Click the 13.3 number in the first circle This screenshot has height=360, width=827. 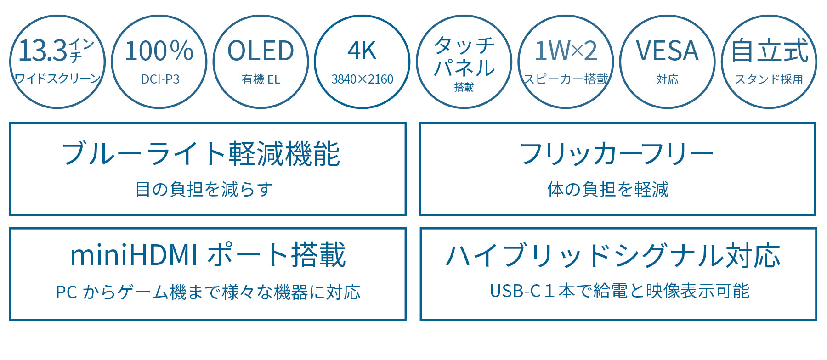click(43, 51)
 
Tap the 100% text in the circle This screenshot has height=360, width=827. click(159, 51)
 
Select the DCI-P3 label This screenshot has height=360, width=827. click(160, 79)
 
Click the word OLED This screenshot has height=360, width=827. click(261, 51)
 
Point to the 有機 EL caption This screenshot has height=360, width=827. click(261, 79)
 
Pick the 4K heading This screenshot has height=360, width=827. click(362, 51)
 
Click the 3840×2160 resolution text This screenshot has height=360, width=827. click(362, 79)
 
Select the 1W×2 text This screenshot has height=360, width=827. click(566, 51)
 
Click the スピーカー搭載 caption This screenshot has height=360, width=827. click(566, 79)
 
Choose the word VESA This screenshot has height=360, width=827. click(667, 51)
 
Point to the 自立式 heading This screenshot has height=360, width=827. click(770, 51)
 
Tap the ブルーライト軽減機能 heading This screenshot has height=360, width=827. click(201, 153)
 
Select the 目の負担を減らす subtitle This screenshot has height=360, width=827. click(204, 189)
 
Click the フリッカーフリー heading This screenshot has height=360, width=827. click(616, 153)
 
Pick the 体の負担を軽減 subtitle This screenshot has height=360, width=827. click(608, 189)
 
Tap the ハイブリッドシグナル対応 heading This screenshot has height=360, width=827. click(613, 255)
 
